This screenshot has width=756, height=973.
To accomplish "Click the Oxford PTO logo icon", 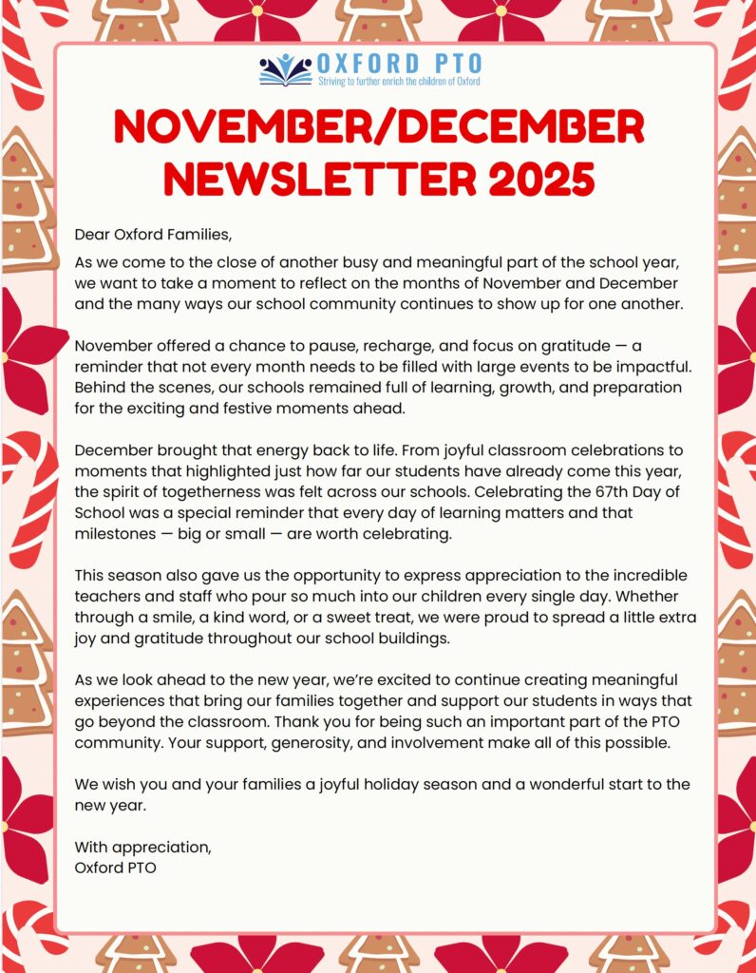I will [x=285, y=69].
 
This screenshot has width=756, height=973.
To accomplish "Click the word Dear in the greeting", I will [x=91, y=234].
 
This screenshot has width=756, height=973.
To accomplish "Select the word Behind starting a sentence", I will [x=99, y=389].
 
